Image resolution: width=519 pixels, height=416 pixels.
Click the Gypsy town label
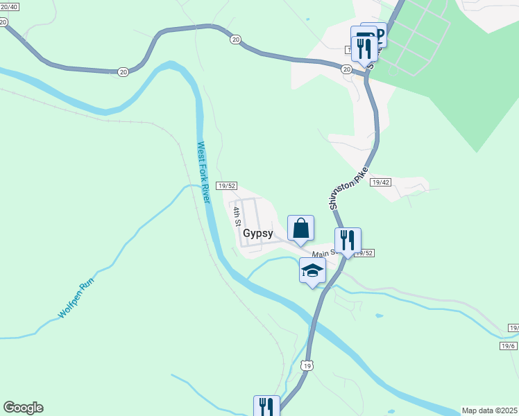[258, 234]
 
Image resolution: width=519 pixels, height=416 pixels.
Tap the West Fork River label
[203, 172]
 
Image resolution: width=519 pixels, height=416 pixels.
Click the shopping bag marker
[300, 229]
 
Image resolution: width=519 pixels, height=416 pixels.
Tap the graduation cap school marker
[312, 270]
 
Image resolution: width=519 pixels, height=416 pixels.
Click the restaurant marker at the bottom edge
[266, 407]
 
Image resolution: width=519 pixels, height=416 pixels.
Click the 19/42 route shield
[380, 182]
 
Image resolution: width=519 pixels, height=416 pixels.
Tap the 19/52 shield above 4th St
[227, 186]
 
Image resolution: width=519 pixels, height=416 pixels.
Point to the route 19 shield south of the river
[307, 365]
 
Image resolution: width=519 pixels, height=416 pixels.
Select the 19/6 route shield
[508, 345]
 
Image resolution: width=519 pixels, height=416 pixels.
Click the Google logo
[23, 408]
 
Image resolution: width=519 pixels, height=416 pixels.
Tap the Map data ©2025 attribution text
[490, 410]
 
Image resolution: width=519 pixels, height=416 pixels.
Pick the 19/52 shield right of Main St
[364, 254]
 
